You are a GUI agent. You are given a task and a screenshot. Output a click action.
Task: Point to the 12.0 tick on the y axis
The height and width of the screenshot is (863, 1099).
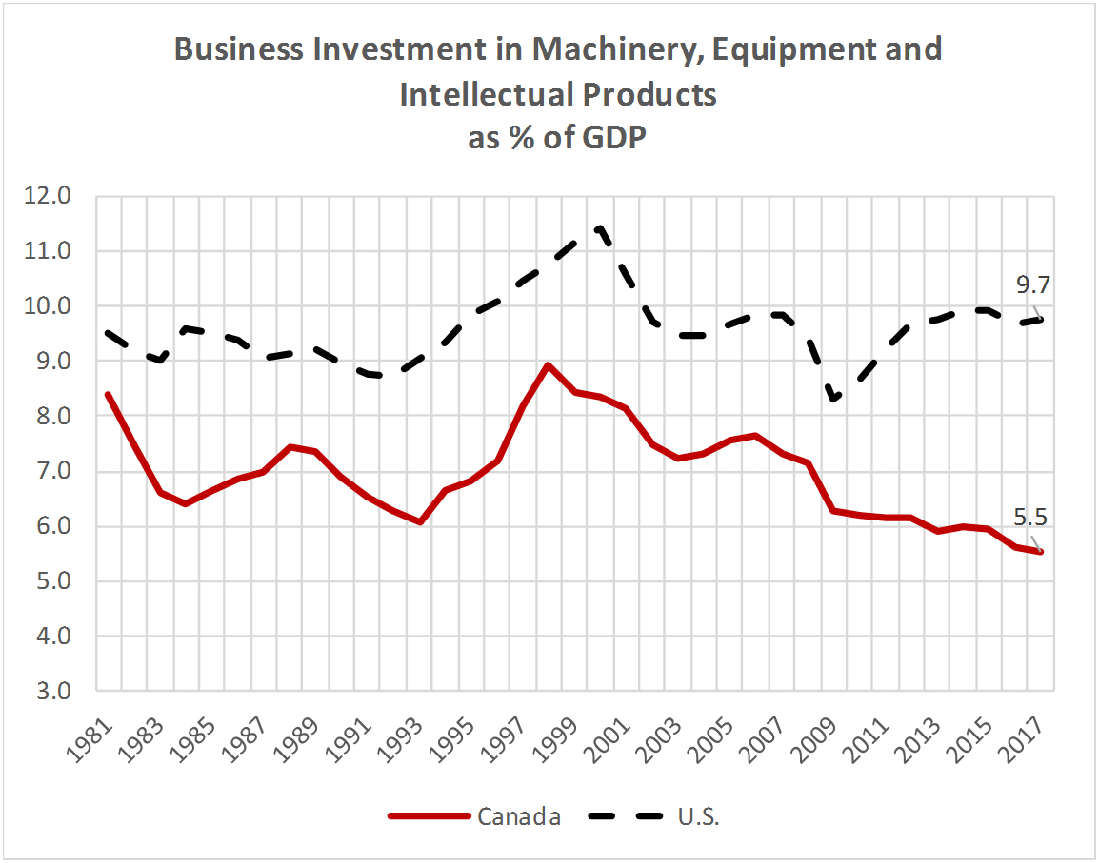(50, 197)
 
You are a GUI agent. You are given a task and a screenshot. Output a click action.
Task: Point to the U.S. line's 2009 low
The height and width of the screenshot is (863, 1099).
(834, 401)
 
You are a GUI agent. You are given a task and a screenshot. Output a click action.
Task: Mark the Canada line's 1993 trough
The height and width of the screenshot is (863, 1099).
(419, 521)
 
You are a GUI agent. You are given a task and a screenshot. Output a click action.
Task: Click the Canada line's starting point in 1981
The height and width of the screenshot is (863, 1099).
(108, 394)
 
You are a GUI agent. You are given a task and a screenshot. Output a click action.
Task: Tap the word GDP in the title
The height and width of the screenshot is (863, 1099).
(611, 138)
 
